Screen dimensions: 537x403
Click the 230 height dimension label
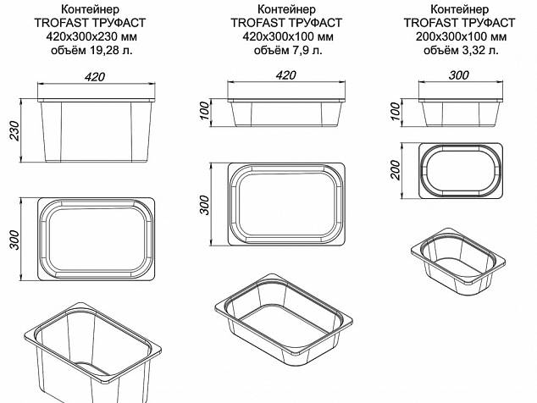pos(14,130)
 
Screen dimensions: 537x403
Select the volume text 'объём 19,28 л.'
pos(91,50)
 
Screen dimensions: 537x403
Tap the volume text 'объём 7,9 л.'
pos(288,50)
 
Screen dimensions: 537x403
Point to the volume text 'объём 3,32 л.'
pos(461,50)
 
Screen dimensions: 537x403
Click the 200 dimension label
pos(396,170)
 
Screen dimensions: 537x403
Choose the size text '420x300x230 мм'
pos(91,36)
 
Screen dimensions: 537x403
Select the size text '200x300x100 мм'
pos(461,36)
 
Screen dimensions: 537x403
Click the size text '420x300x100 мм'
pos(288,36)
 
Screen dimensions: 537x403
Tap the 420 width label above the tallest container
pos(95,77)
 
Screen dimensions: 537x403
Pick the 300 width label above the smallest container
pos(459,75)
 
